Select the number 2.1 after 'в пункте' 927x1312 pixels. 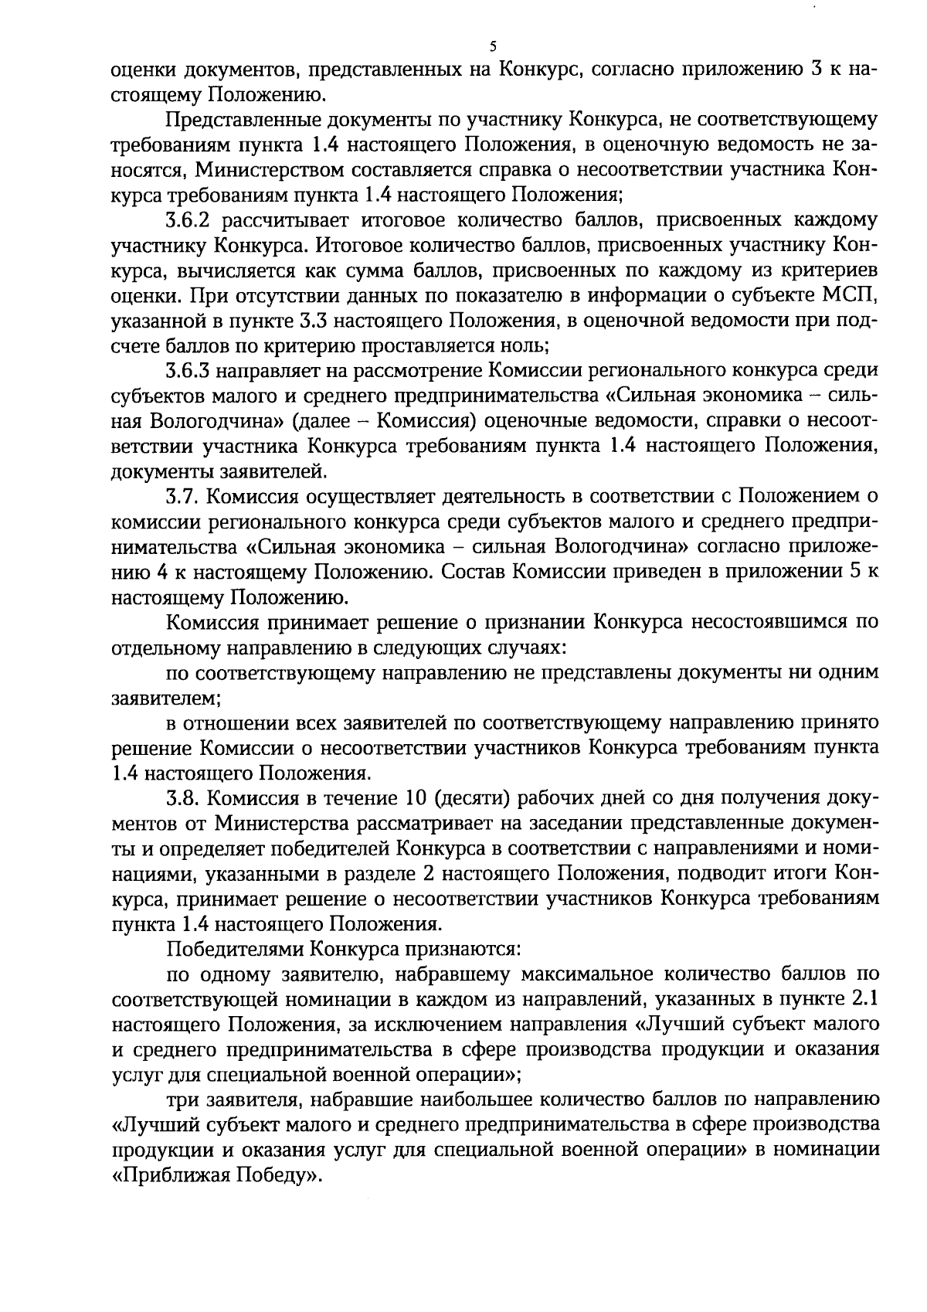pos(862,998)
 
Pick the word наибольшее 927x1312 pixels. pos(461,1098)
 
